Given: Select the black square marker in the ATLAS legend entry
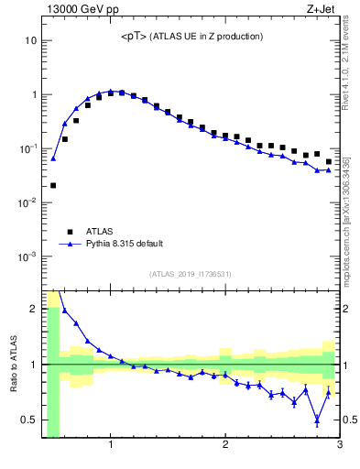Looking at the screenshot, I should (69, 232).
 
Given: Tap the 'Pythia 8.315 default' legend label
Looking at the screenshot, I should (125, 244).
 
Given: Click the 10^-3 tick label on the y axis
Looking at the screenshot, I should (27, 256).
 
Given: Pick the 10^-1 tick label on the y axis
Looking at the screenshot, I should (27, 148).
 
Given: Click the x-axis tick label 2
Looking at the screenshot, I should (225, 445).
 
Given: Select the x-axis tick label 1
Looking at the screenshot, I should (111, 445).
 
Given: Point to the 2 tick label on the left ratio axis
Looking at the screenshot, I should (33, 309).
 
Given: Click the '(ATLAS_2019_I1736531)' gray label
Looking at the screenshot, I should (191, 274).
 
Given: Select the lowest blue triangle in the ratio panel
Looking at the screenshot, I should (317, 421).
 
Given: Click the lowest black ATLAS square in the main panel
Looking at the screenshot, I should (53, 185).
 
